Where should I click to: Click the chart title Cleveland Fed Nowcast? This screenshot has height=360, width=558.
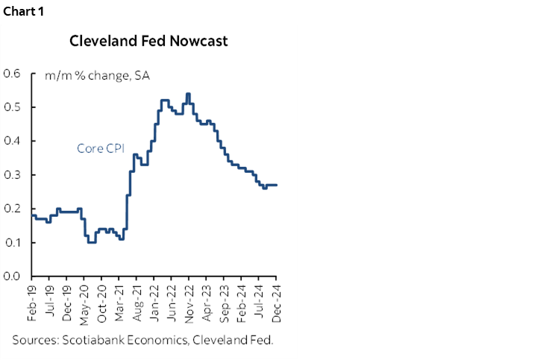coord(148,41)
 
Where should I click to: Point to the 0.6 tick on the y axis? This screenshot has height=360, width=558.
coord(12,74)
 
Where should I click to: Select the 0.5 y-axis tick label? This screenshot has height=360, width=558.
coord(12,107)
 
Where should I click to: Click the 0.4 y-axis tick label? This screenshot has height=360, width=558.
coord(12,141)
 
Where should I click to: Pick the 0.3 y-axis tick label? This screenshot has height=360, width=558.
coord(12,175)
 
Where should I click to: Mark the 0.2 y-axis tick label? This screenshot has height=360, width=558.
coord(12,209)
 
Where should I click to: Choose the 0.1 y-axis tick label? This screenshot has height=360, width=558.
coord(12,243)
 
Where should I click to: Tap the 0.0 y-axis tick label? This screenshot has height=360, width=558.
coord(12,277)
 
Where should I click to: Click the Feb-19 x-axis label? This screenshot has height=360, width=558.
coord(33,302)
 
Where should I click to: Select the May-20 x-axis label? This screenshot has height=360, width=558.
coord(85,302)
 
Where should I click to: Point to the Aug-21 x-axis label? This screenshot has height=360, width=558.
coord(137,302)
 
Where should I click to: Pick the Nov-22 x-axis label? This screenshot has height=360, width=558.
coord(189,302)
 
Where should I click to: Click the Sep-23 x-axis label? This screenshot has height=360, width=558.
coord(224,302)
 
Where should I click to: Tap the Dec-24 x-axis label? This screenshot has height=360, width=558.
coord(276,302)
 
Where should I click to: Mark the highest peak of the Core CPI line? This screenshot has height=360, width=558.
coord(188,94)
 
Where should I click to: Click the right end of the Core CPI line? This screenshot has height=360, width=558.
coord(277,185)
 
